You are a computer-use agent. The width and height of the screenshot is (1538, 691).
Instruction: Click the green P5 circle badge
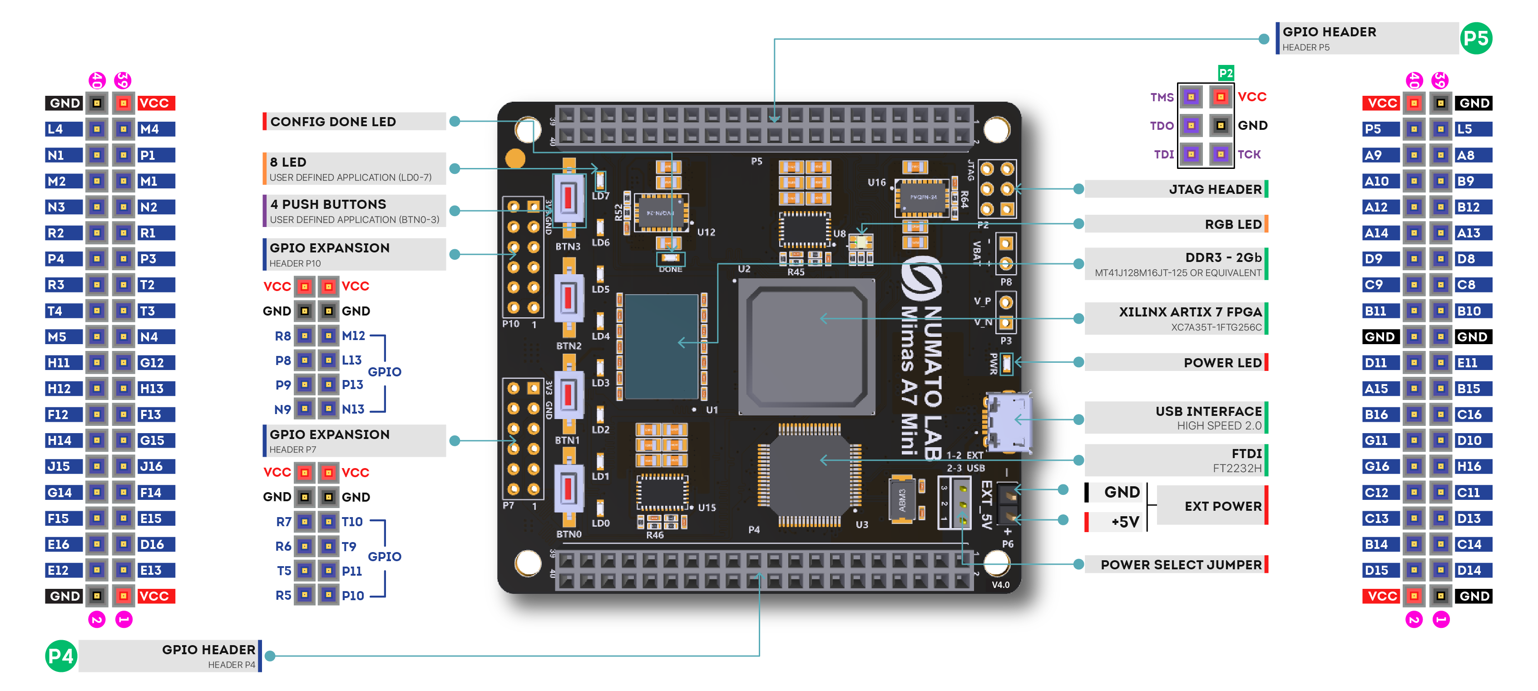(1475, 39)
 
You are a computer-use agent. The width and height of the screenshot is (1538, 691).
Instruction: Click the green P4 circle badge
(61, 656)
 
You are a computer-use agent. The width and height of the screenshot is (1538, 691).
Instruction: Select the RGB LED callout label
(1232, 224)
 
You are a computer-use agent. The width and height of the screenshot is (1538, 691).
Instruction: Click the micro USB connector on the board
(1009, 421)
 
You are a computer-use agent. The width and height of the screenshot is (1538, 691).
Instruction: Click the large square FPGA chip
(806, 347)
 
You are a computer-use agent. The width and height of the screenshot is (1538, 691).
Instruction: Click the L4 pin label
(55, 129)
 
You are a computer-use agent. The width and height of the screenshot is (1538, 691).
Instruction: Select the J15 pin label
(59, 466)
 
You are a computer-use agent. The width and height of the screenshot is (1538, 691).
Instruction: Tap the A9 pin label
(1374, 155)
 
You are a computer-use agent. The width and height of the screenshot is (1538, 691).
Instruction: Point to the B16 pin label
(1376, 414)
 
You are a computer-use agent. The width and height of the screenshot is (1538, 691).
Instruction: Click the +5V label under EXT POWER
(1125, 522)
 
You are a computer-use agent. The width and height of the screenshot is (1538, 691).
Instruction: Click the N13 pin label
(352, 410)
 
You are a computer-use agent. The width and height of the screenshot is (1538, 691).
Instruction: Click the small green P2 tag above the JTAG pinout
(1225, 74)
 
